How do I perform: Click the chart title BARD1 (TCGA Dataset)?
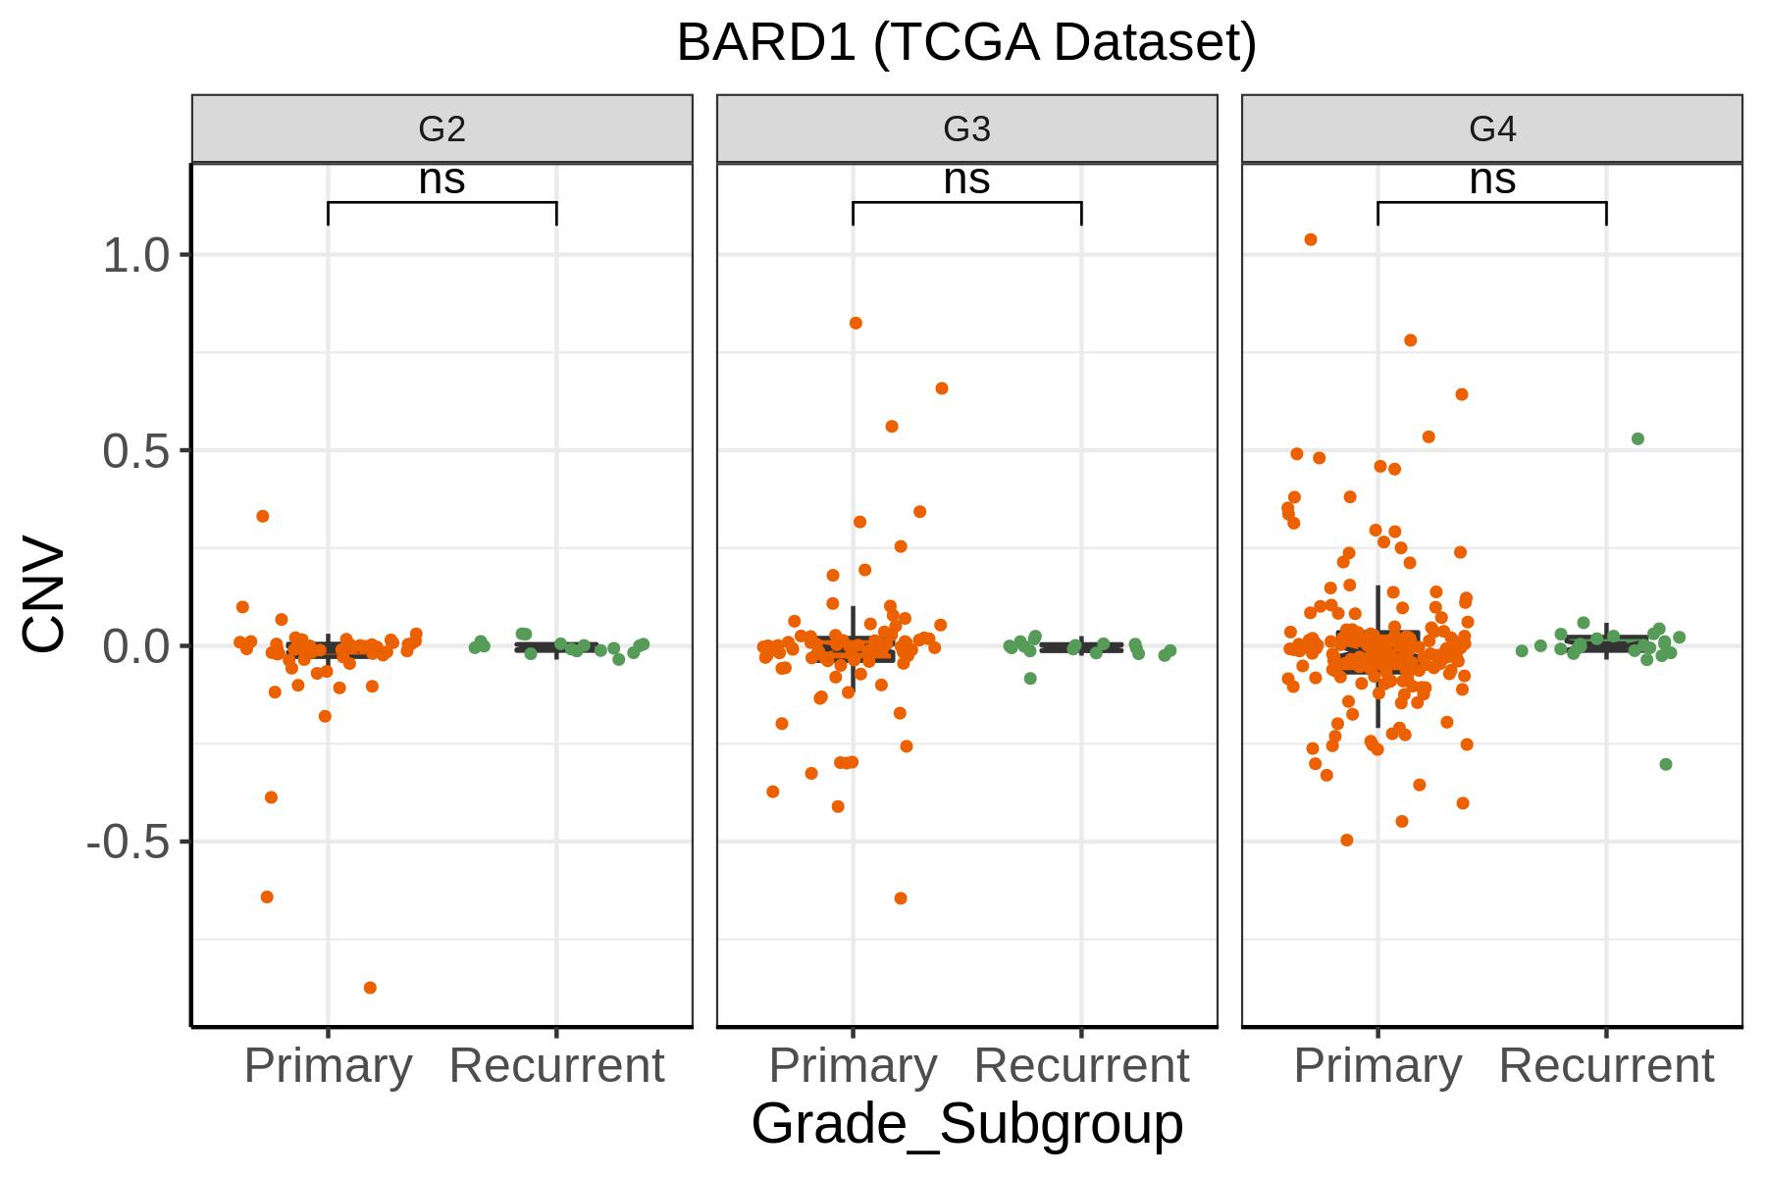(966, 44)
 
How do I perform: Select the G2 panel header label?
(441, 128)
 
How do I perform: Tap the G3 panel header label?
(966, 128)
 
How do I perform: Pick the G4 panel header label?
(1492, 128)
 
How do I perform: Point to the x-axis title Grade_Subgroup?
(966, 1124)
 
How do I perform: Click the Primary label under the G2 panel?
(328, 1066)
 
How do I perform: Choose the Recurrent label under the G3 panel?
(1081, 1066)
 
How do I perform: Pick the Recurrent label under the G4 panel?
(1606, 1066)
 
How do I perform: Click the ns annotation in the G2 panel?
(441, 180)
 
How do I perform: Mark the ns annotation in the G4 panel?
(1492, 180)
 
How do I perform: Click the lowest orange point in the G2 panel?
(370, 988)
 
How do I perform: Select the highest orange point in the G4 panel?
(1311, 239)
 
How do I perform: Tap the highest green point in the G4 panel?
(1637, 438)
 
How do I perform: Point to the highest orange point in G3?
(856, 323)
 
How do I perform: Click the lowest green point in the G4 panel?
(1665, 764)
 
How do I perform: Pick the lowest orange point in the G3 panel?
(901, 897)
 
